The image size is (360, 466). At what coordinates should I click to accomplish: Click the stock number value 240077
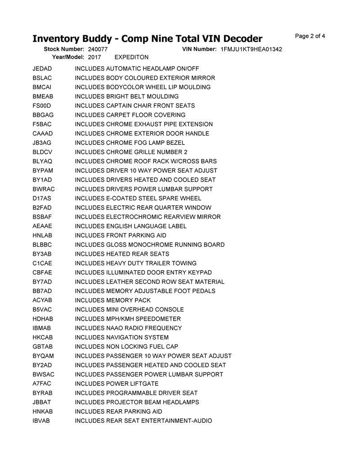[98, 49]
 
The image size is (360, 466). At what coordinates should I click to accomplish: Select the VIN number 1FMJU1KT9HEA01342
[251, 49]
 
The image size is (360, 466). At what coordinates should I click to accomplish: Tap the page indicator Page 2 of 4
[310, 36]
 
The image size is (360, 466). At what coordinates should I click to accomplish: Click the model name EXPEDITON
[131, 58]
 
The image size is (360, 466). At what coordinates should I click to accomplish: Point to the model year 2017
[94, 58]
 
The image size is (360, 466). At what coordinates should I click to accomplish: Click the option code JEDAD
[42, 69]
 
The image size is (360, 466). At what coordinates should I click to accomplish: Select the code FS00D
[42, 106]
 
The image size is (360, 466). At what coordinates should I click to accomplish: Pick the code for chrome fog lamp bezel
[42, 143]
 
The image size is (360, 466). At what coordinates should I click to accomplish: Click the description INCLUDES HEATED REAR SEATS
[122, 254]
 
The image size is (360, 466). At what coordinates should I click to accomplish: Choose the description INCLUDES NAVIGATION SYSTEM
[121, 337]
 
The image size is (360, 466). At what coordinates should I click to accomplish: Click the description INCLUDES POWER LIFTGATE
[117, 384]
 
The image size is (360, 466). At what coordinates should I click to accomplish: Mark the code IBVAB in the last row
[41, 421]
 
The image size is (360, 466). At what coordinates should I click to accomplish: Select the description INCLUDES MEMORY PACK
[112, 300]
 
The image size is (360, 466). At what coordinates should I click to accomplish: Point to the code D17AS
[42, 199]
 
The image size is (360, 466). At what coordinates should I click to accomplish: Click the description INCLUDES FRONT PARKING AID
[120, 235]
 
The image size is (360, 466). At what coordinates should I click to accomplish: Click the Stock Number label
[64, 49]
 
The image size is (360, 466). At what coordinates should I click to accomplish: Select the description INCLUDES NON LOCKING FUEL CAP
[126, 347]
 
